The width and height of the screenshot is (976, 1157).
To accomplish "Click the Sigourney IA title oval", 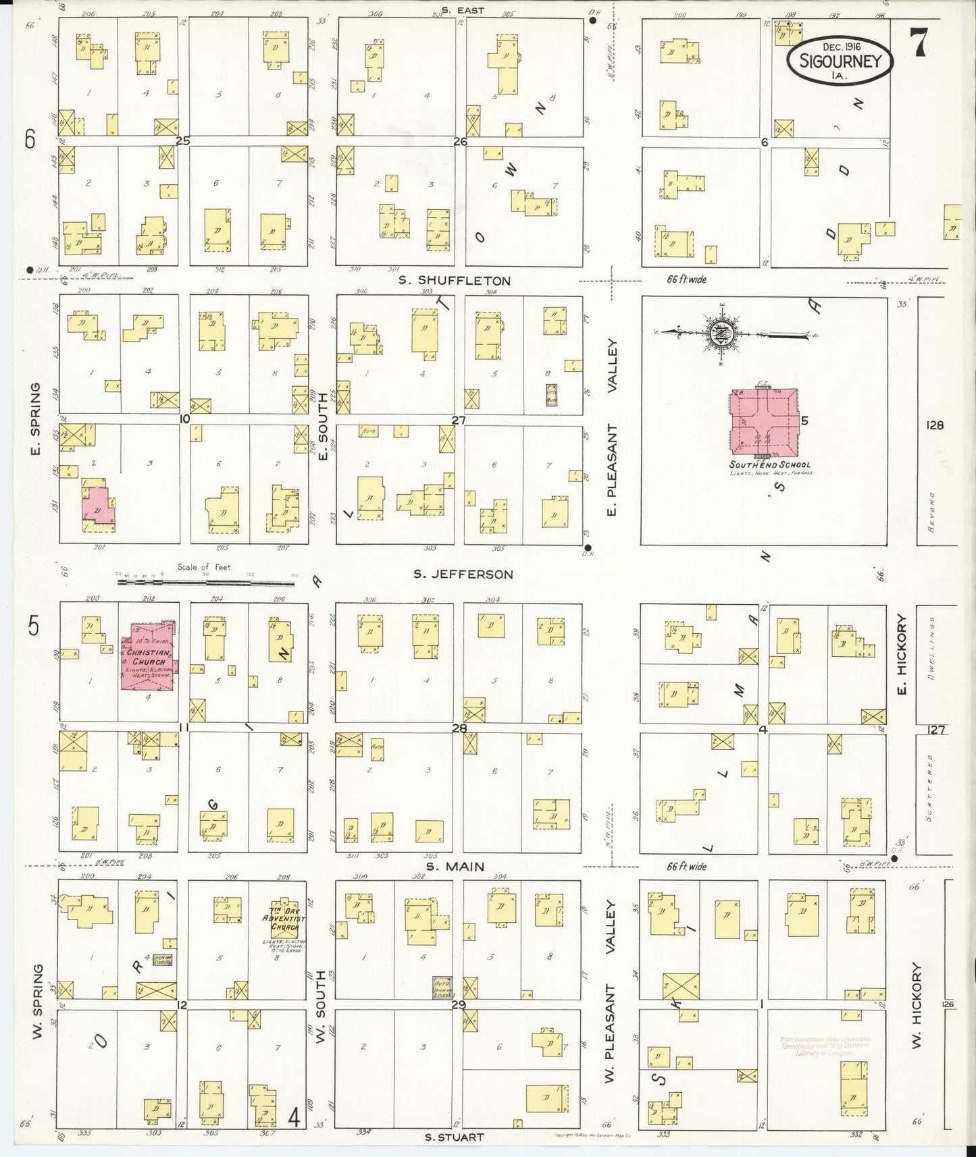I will pyautogui.click(x=840, y=61).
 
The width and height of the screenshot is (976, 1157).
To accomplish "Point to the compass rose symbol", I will pyautogui.click(x=719, y=332).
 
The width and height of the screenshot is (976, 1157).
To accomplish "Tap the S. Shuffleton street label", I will pyautogui.click(x=454, y=280).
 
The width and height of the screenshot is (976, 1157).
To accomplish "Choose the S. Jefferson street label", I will pyautogui.click(x=463, y=574).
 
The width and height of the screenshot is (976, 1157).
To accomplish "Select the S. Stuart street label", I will pyautogui.click(x=454, y=1137).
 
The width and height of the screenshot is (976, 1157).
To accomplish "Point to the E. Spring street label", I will pyautogui.click(x=36, y=419).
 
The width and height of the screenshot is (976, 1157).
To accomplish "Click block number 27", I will pyautogui.click(x=459, y=420).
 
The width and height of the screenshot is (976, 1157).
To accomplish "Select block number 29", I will pyautogui.click(x=459, y=1004).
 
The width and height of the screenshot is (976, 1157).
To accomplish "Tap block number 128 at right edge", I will pyautogui.click(x=935, y=425).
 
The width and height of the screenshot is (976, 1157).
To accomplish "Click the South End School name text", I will pyautogui.click(x=769, y=465).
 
